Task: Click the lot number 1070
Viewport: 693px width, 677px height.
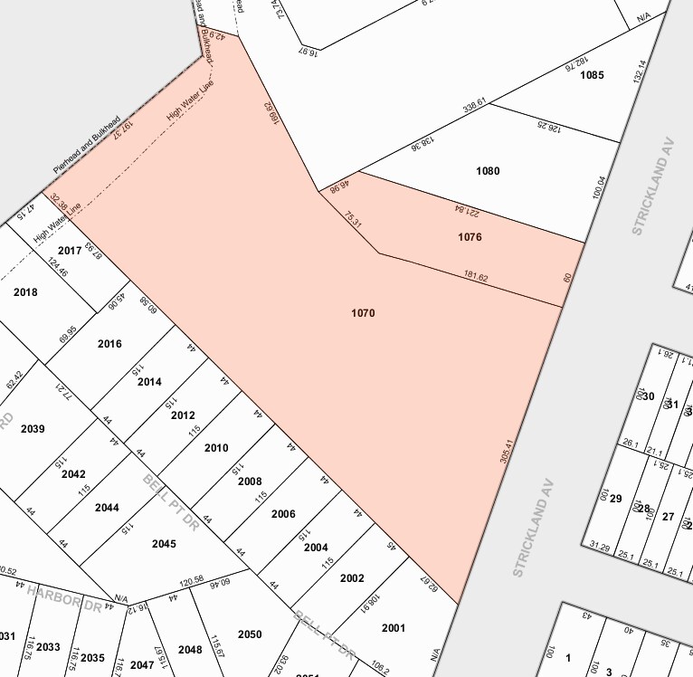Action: point(363,313)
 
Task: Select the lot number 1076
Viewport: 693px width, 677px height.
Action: point(470,237)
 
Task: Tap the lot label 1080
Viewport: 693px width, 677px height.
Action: point(487,171)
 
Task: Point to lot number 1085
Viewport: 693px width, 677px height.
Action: point(591,75)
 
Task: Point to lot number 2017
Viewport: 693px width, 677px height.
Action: point(70,250)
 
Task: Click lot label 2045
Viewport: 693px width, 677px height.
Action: point(164,544)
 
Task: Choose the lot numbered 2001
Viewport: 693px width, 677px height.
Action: point(394,627)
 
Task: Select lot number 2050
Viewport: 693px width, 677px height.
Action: point(250,634)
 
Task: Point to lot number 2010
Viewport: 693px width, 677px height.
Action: point(216,448)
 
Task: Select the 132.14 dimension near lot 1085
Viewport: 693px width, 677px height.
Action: point(641,72)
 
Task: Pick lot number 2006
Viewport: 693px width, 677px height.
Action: point(283,514)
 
